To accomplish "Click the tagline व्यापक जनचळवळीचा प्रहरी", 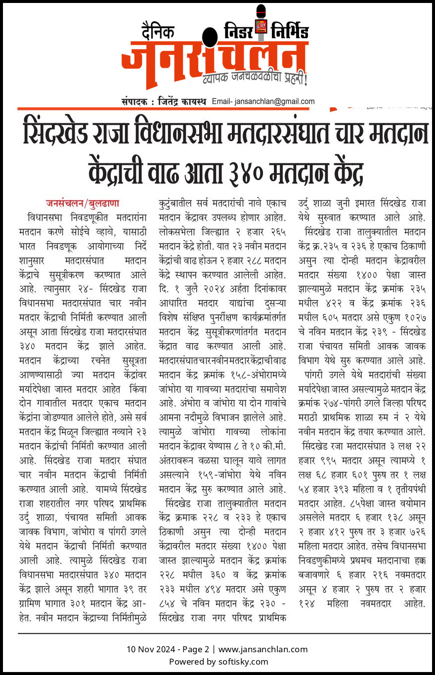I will click(258, 78).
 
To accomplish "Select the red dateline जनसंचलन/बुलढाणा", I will click(83, 203).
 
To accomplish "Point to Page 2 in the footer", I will click(196, 649).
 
